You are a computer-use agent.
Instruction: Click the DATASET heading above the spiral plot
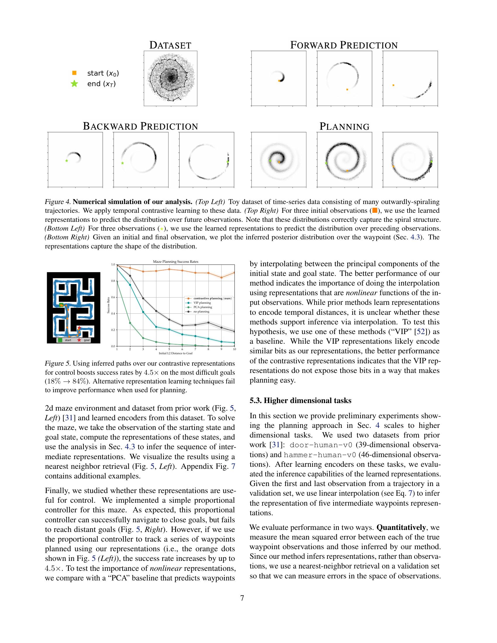point(170,45)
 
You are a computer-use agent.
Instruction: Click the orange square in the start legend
point(75,73)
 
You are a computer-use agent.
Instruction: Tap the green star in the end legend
point(75,84)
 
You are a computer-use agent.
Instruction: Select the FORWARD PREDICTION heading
point(344,45)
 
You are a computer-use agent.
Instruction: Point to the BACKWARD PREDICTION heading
point(140,126)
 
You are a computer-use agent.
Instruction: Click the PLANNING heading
point(344,127)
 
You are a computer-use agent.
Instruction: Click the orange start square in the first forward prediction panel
point(279,80)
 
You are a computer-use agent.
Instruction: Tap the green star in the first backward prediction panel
point(67,160)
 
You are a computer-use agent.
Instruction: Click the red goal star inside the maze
point(79,328)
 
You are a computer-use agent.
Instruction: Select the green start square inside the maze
point(61,305)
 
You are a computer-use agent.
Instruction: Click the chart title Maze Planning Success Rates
point(175,262)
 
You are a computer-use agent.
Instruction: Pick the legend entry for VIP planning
point(202,303)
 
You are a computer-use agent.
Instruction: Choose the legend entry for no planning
point(201,312)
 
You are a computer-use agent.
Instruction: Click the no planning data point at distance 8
point(208,322)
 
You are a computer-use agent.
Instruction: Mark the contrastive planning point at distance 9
point(221,277)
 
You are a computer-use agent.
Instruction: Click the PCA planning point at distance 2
point(130,323)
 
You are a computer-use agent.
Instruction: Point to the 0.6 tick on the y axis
point(113,297)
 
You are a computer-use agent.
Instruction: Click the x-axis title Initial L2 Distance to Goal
point(175,353)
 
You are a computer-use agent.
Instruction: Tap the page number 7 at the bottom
point(242,598)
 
